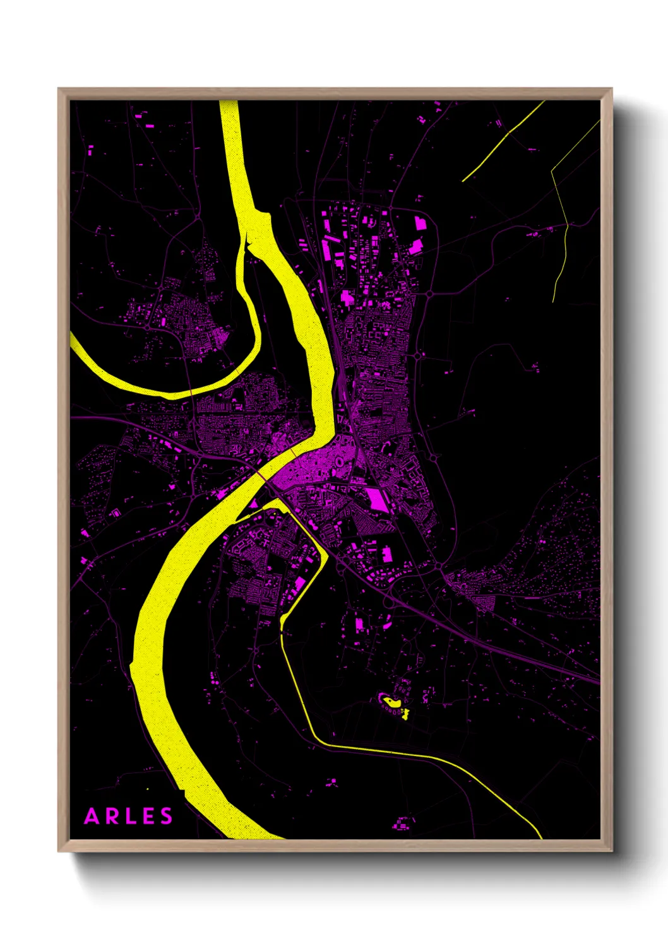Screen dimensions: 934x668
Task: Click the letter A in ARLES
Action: (92, 817)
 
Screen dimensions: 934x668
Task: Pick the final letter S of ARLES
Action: (166, 817)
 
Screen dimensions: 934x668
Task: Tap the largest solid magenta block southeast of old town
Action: (377, 499)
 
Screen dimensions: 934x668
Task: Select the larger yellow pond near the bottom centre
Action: (391, 701)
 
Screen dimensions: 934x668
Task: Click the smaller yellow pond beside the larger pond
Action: (404, 714)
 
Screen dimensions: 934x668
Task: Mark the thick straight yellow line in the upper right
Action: (503, 141)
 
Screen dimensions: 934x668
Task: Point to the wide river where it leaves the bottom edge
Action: (253, 834)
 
